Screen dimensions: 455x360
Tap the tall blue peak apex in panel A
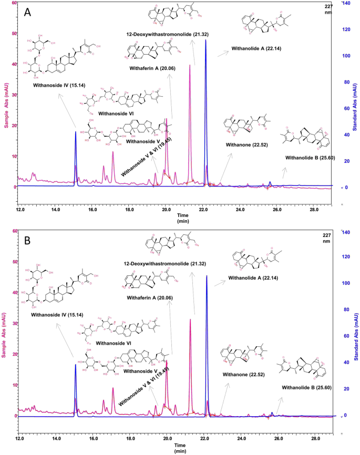(x=206, y=40)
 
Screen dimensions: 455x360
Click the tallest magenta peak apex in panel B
(x=190, y=319)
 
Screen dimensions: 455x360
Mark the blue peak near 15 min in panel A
(x=75, y=132)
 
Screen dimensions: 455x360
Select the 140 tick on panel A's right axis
(x=347, y=3)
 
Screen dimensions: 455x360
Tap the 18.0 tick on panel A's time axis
(x=129, y=210)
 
